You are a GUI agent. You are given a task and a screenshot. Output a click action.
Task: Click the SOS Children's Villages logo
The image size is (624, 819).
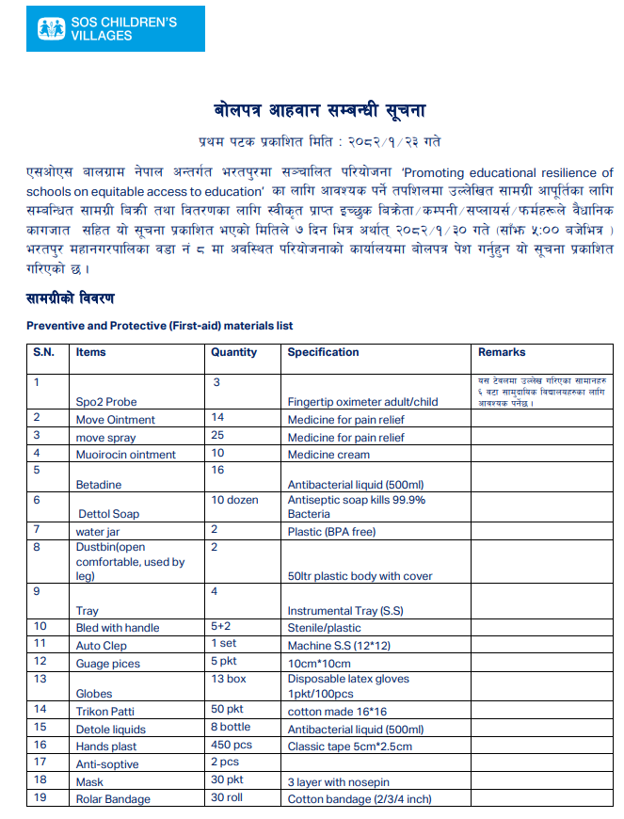point(105,28)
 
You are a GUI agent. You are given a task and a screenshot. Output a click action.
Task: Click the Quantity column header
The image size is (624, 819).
point(233,352)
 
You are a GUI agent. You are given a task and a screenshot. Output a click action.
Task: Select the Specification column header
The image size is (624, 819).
point(323,352)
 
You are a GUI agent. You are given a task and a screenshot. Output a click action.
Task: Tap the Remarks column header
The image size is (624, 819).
point(502,352)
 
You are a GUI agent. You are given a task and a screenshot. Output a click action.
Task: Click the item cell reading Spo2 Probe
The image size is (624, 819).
point(106,402)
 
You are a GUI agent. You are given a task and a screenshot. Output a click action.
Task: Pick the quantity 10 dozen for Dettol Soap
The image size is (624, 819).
point(234,500)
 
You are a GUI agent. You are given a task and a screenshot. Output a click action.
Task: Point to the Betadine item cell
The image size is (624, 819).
point(99,485)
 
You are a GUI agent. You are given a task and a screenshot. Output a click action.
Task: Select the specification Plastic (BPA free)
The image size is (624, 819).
point(331,532)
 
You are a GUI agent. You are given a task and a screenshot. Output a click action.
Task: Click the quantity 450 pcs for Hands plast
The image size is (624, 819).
point(232,747)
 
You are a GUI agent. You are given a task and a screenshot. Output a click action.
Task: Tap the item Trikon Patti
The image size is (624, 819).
point(105,711)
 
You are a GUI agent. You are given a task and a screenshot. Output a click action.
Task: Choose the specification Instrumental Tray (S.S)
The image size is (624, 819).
point(345,611)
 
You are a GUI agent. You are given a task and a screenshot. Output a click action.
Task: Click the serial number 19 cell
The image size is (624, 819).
point(40,799)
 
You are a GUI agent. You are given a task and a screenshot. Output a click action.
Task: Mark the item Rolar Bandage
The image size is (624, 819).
point(113,799)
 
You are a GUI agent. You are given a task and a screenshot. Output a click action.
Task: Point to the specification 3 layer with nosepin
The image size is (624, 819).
point(339,782)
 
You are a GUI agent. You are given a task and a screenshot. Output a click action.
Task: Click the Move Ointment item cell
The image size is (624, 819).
point(116,420)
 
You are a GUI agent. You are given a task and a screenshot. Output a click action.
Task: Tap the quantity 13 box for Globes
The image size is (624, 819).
point(229,679)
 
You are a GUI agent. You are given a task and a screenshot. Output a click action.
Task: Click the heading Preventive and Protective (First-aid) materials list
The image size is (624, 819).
point(159,326)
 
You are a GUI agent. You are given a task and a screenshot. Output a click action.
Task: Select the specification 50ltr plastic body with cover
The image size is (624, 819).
point(360,576)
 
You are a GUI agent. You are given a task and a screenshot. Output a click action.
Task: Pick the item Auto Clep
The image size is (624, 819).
point(102,646)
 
